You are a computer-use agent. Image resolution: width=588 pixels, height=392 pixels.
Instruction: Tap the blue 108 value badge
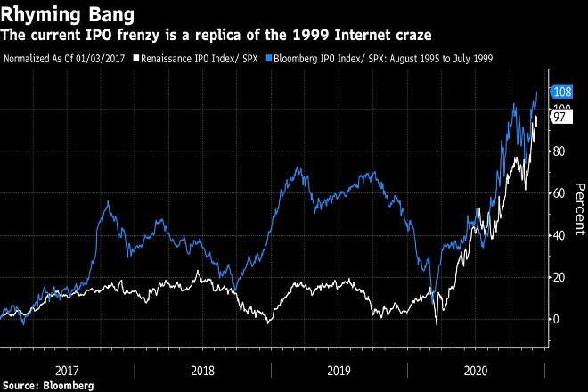click(x=562, y=92)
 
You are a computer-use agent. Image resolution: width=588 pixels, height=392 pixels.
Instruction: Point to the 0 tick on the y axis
click(x=556, y=319)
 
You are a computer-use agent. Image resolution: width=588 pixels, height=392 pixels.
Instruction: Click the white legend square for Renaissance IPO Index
click(x=135, y=59)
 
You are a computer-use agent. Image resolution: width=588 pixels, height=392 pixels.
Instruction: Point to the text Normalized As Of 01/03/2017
click(x=65, y=59)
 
